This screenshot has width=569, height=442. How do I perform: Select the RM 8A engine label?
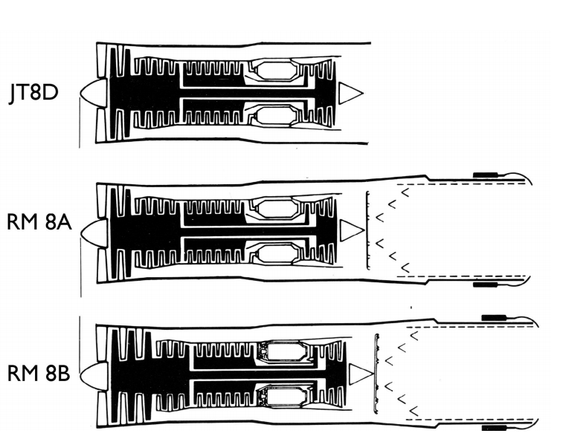(38, 222)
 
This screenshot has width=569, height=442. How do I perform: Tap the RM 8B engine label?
(38, 373)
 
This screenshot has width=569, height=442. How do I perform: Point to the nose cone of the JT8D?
(91, 92)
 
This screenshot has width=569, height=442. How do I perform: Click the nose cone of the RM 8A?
(91, 231)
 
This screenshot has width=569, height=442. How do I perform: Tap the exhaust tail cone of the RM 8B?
(359, 374)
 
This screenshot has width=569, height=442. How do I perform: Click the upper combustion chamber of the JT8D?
(274, 71)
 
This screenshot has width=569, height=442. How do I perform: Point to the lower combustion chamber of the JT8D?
(274, 115)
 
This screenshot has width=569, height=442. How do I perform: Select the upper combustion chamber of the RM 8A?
(277, 209)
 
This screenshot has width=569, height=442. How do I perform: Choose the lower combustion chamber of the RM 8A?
(277, 255)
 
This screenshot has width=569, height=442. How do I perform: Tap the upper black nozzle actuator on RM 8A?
(487, 175)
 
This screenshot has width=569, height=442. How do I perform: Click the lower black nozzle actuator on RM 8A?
(487, 285)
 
